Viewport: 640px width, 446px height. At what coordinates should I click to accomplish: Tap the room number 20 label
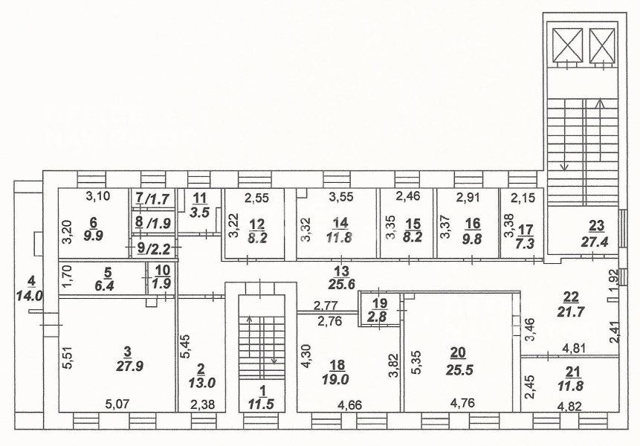[x=459, y=352]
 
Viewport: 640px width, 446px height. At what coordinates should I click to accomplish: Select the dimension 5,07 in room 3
[x=117, y=404]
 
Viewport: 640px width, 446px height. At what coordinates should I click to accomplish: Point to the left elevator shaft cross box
[x=567, y=45]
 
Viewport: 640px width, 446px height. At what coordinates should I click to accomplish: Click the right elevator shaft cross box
[x=602, y=45]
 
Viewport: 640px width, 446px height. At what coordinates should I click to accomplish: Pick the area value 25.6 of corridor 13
[x=341, y=284]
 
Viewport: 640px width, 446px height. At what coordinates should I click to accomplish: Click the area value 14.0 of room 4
[x=30, y=295]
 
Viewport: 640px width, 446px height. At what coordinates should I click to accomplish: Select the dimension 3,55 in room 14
[x=342, y=198]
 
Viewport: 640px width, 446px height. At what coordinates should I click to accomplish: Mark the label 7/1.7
[x=152, y=199]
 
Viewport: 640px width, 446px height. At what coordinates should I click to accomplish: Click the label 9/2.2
[x=152, y=248]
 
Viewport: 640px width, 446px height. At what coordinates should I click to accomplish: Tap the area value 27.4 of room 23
[x=595, y=242]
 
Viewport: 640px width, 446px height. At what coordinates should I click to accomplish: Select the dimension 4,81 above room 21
[x=575, y=349]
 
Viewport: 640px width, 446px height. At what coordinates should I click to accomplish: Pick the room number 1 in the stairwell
[x=263, y=391]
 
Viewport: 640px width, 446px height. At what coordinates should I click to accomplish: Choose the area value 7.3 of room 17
[x=526, y=242]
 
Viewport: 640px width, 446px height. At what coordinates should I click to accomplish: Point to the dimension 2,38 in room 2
[x=202, y=405]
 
